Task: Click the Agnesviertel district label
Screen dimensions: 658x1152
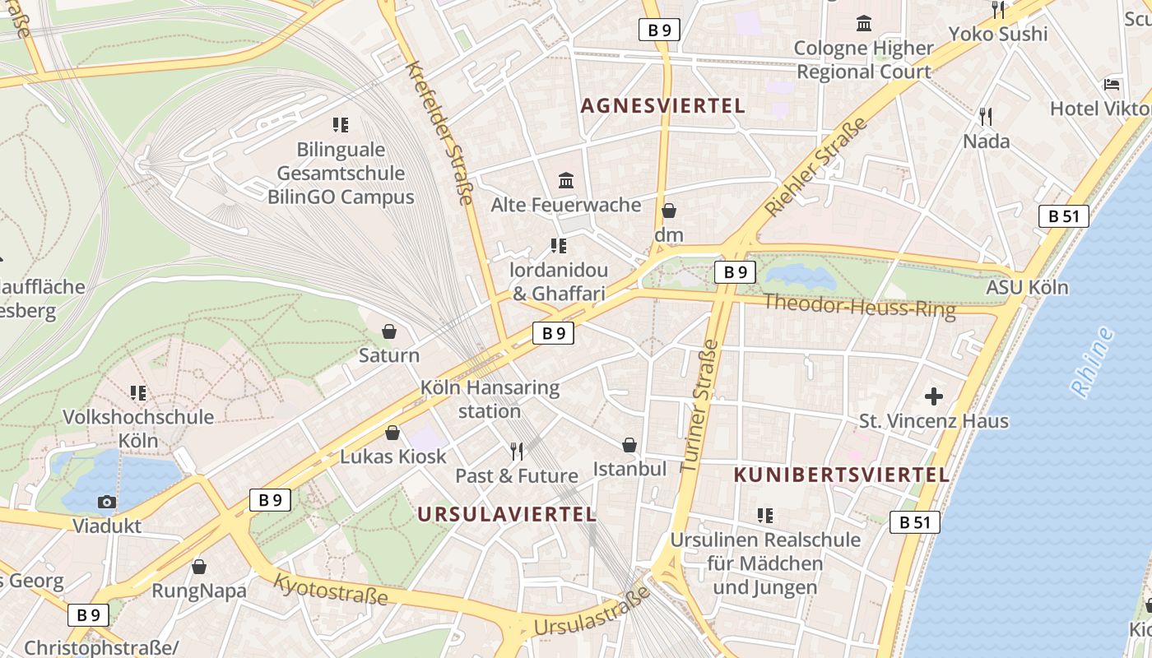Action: [662, 106]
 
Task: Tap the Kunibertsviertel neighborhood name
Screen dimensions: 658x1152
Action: [841, 475]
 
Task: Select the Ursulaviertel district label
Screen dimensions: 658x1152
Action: [506, 514]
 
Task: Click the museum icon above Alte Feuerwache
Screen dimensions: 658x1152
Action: [566, 180]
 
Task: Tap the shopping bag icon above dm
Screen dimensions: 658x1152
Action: [669, 211]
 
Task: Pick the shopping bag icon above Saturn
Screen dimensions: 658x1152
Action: [389, 331]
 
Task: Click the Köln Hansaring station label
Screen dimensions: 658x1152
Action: [490, 399]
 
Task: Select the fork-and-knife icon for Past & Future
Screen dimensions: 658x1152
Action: [517, 451]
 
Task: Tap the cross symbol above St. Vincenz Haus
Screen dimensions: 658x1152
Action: [933, 396]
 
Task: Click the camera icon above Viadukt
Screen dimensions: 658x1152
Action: [106, 502]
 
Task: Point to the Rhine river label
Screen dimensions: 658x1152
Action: [1092, 362]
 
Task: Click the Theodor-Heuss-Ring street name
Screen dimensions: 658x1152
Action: [859, 306]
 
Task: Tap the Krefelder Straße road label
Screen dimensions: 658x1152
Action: [441, 132]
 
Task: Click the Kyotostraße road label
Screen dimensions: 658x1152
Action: [330, 589]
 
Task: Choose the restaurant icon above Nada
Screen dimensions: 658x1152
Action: [986, 116]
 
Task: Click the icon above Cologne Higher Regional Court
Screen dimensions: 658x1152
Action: [864, 24]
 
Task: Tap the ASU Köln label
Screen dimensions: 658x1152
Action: [1027, 287]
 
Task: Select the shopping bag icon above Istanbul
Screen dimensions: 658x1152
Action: [629, 445]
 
